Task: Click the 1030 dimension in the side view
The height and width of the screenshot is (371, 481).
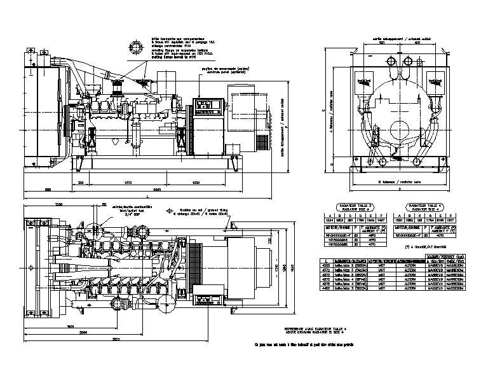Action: tap(195, 183)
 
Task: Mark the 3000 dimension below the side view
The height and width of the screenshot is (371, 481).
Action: tap(156, 190)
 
